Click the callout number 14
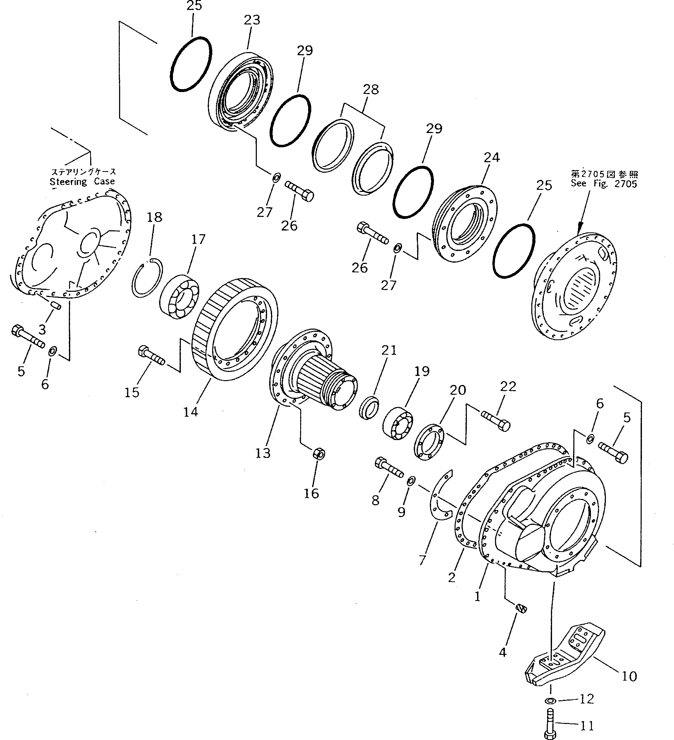tap(191, 412)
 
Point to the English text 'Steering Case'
tap(82, 181)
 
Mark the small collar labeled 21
tap(369, 406)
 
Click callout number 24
tap(492, 157)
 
